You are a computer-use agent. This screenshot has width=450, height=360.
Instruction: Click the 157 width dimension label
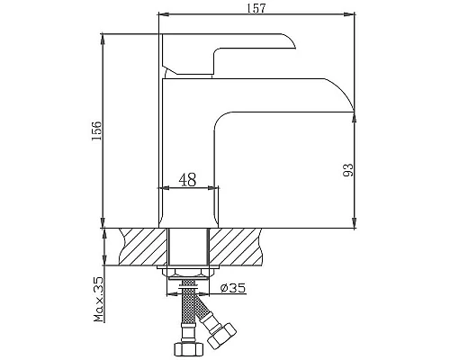[x=256, y=8]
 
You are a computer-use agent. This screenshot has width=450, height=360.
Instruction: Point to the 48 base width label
[x=188, y=178]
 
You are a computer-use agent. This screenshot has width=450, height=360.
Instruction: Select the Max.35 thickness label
[x=99, y=301]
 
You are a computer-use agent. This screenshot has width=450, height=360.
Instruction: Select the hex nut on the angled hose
[x=220, y=335]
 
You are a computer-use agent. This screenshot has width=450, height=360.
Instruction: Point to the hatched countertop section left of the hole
[x=141, y=247]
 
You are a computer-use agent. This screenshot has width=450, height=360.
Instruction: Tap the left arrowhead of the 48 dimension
[x=164, y=188]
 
